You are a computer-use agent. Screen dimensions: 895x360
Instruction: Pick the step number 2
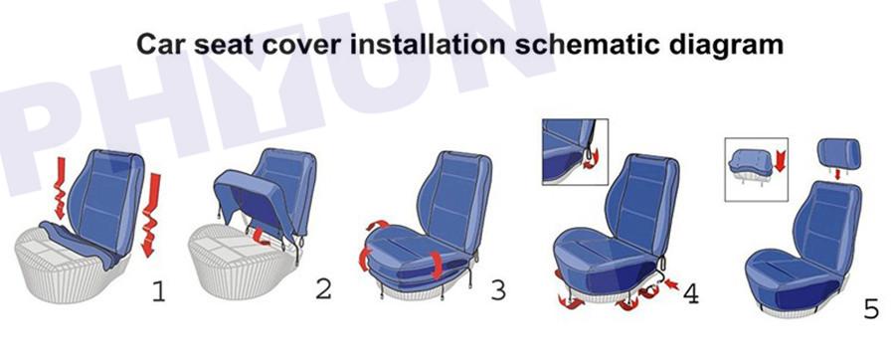tap(323, 288)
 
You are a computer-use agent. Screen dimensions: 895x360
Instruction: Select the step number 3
tap(498, 290)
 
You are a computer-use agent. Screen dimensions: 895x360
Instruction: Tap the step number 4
tap(691, 293)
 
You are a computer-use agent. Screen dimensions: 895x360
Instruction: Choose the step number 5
tap(871, 308)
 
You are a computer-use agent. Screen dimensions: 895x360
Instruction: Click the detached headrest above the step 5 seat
tap(839, 153)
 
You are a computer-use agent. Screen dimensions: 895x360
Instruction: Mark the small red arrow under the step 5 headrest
tap(837, 174)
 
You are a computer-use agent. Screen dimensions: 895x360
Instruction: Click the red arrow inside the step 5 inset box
tap(781, 161)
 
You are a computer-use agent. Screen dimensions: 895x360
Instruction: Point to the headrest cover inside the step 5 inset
tap(750, 162)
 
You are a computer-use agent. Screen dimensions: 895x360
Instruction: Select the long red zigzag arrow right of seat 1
tap(151, 215)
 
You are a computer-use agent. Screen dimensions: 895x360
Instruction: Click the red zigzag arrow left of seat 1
tap(60, 188)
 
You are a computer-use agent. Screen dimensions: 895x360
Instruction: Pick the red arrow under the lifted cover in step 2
tap(261, 237)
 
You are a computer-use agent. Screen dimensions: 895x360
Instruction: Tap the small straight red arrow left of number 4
tap(673, 283)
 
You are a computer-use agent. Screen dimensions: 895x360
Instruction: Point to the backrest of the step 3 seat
tap(454, 201)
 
